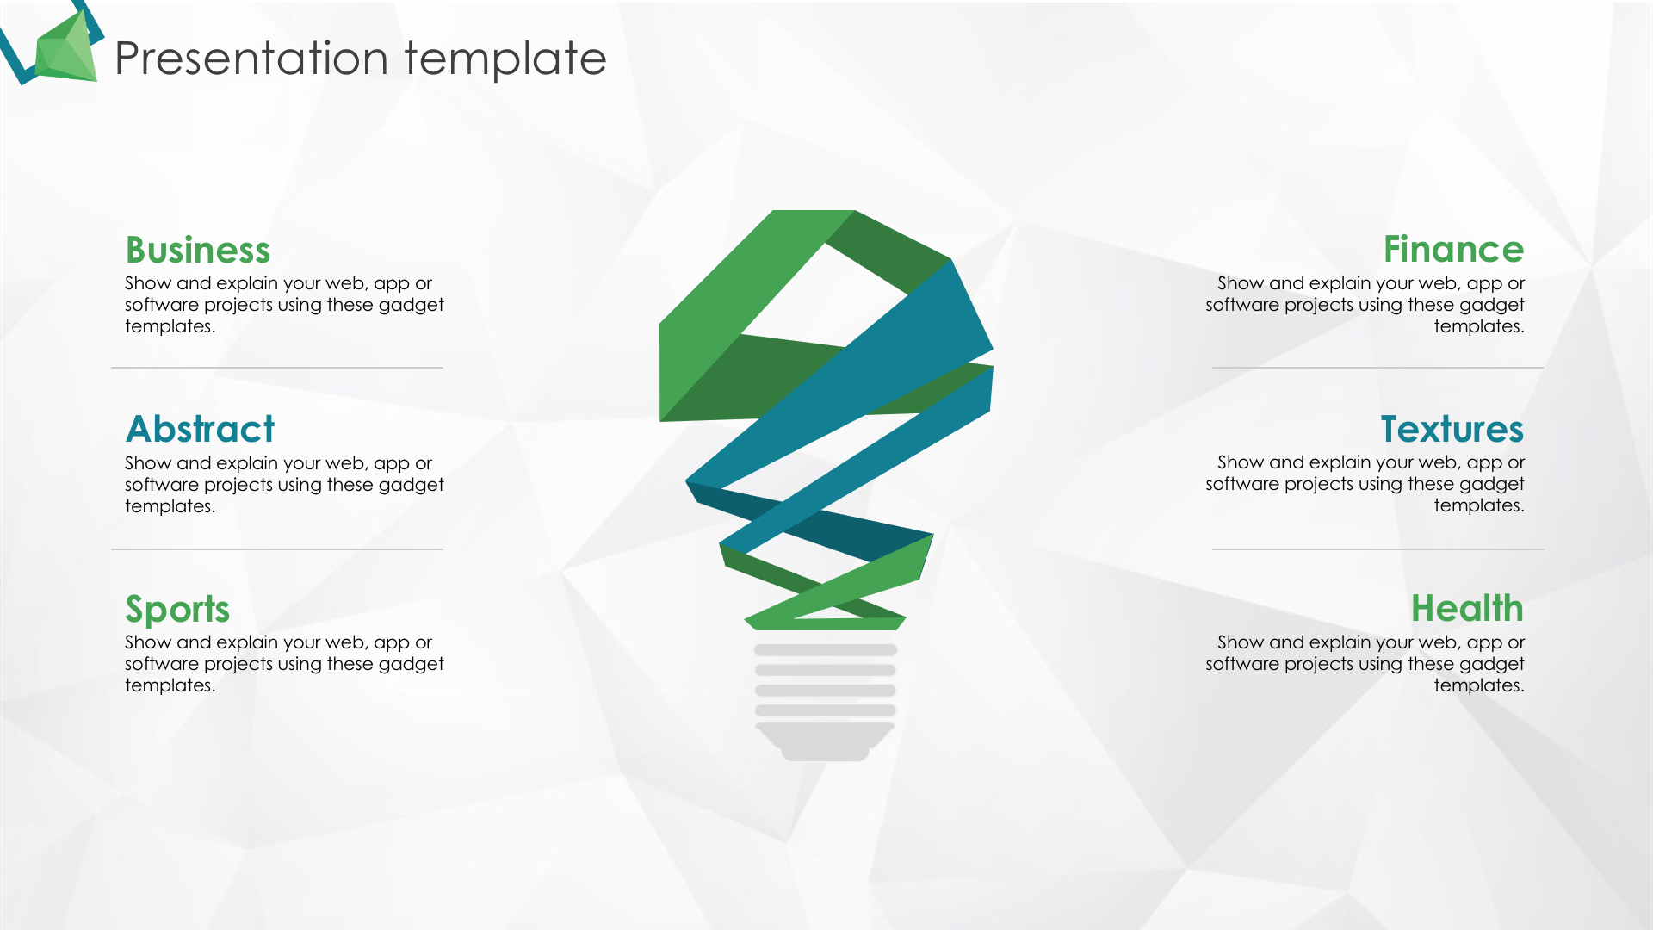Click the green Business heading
click(x=198, y=250)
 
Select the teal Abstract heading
click(x=201, y=429)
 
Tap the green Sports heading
click(x=177, y=610)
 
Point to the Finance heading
click(x=1453, y=249)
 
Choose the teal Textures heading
click(x=1452, y=429)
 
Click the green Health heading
click(x=1467, y=608)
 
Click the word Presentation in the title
click(x=251, y=59)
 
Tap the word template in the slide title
click(x=505, y=59)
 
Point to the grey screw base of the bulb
click(x=825, y=702)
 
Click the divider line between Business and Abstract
click(x=276, y=368)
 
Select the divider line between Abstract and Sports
click(x=276, y=549)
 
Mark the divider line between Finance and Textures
click(x=1377, y=368)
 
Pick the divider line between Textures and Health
click(x=1377, y=549)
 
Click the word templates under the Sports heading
click(x=170, y=685)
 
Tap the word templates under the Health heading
click(x=1478, y=685)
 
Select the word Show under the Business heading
click(x=148, y=283)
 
